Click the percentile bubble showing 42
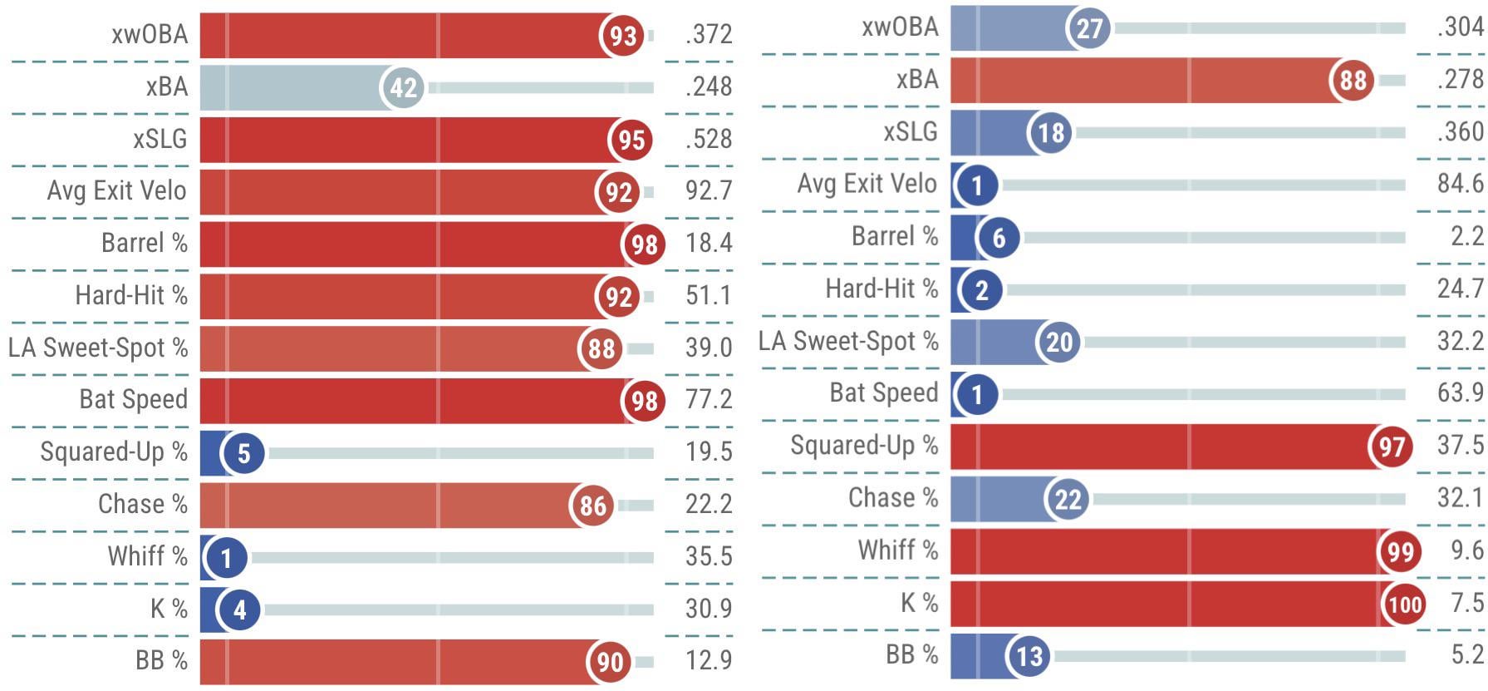click(x=403, y=87)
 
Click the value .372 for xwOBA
click(x=709, y=34)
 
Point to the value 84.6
click(x=1460, y=183)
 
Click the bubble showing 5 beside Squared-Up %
click(x=243, y=453)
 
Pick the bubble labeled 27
click(x=1089, y=28)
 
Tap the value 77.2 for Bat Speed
click(x=709, y=399)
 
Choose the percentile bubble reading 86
click(x=592, y=505)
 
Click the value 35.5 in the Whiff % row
click(x=709, y=555)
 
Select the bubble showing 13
click(x=1029, y=656)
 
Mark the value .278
click(x=1460, y=79)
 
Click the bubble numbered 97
click(x=1392, y=447)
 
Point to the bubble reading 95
click(x=631, y=140)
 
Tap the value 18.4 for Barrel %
click(x=709, y=243)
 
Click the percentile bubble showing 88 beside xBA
click(x=1353, y=81)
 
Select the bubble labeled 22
click(x=1068, y=499)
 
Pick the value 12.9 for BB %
click(x=709, y=660)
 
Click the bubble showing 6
click(x=999, y=238)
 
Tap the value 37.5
click(x=1460, y=445)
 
